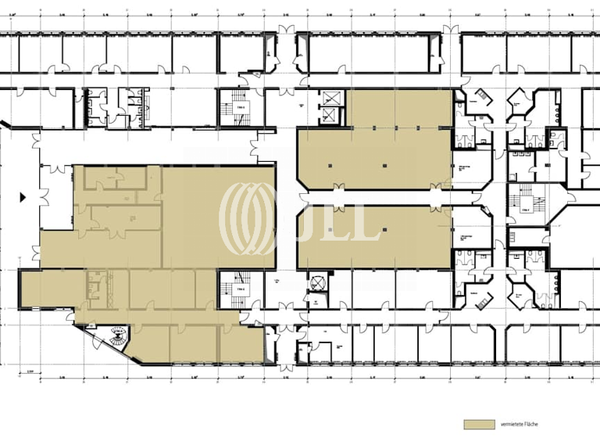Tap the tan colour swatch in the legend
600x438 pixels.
[480, 424]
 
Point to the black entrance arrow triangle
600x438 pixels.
[23, 196]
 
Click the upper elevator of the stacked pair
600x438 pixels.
[331, 99]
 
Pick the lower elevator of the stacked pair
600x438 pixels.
[331, 116]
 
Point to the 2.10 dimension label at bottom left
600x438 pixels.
[30, 372]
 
